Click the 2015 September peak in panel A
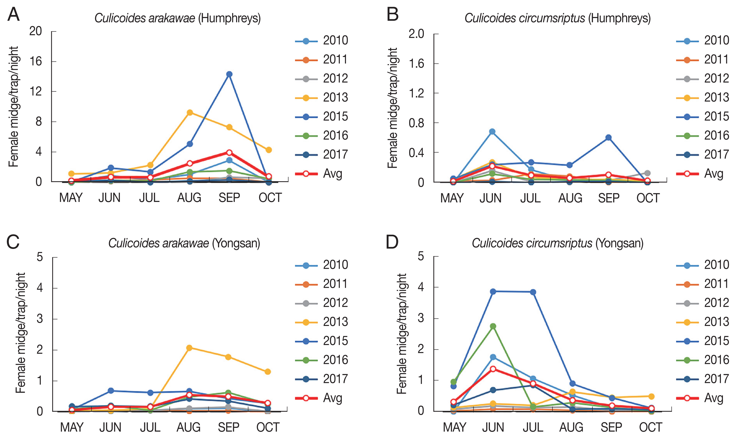229,74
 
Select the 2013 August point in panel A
190,112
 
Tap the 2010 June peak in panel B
492,132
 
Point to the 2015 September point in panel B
608,137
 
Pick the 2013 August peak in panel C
189,348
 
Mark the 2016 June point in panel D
493,326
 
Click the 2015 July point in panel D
533,292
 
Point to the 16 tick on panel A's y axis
36,61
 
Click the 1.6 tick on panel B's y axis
416,64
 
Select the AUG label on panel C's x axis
189,427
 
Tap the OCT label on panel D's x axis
651,427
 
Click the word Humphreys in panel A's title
229,18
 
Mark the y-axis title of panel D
401,334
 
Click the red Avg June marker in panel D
493,369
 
